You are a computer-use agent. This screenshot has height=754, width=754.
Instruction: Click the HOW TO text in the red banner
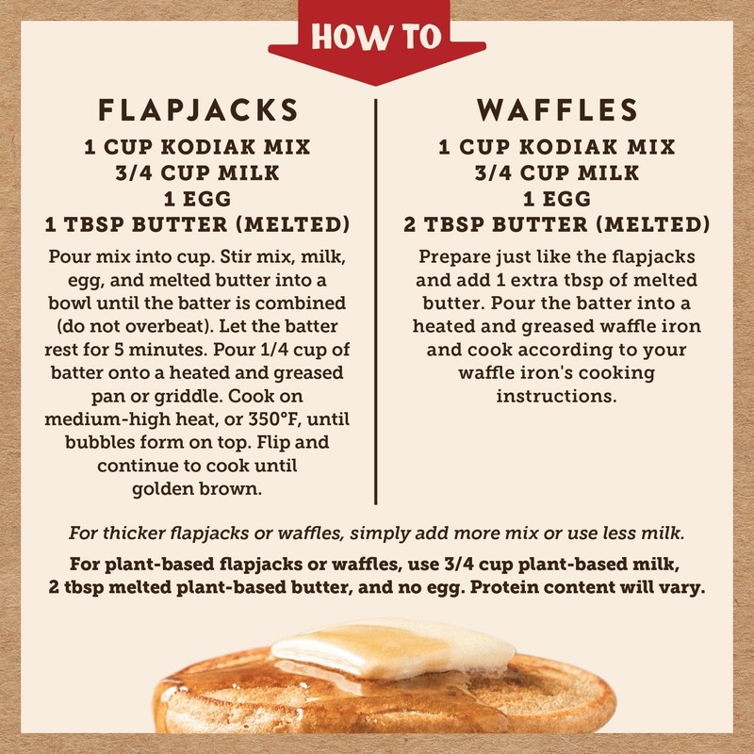[377, 38]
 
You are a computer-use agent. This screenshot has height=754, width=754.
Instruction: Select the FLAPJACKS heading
[198, 109]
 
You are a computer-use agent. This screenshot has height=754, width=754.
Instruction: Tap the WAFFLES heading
[557, 109]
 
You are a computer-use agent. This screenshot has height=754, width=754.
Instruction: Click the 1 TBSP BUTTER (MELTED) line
[198, 225]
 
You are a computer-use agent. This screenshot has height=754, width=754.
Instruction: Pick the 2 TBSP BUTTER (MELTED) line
[557, 225]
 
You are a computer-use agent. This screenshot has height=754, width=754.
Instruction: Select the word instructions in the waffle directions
[557, 396]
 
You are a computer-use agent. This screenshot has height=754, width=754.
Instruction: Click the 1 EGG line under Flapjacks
[198, 199]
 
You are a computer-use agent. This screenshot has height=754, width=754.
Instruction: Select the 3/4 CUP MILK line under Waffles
[557, 173]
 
